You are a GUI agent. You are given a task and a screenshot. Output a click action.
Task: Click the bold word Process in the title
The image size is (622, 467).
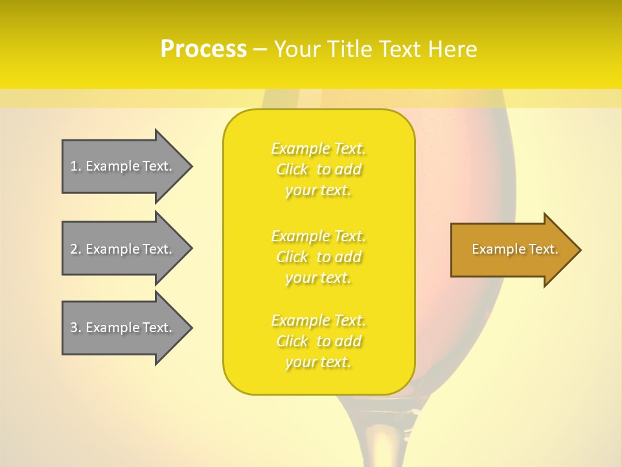[203, 49]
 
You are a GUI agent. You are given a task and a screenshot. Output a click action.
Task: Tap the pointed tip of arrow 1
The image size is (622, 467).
[190, 166]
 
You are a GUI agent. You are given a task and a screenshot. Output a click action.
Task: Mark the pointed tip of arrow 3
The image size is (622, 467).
[190, 328]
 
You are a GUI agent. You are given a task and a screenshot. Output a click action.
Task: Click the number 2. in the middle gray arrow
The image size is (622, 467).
[76, 249]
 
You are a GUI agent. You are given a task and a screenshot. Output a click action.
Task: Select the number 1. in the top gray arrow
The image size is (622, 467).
[76, 166]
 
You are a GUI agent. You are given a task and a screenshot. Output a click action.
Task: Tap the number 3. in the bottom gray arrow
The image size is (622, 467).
[76, 328]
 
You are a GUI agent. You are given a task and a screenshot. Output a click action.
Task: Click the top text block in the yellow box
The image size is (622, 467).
[319, 169]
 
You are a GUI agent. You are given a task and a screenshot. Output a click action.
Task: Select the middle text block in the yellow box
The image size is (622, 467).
[319, 257]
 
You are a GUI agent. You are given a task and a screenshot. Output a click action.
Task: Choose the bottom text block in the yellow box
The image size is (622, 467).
[319, 341]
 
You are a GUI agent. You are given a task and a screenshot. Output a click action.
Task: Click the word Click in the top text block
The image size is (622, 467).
[292, 170]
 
